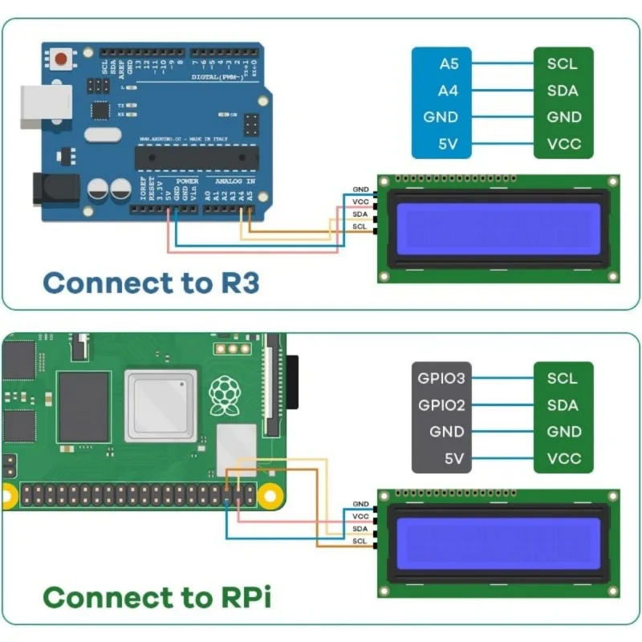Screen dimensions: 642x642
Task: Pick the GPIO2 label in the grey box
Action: click(x=441, y=404)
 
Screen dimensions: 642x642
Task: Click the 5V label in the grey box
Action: click(x=454, y=459)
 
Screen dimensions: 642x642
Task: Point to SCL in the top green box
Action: click(x=563, y=63)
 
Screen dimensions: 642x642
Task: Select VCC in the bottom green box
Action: click(x=563, y=459)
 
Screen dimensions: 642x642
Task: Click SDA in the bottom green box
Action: click(x=563, y=404)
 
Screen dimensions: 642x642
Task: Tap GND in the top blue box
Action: click(x=441, y=117)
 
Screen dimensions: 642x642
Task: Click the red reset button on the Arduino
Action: click(x=62, y=58)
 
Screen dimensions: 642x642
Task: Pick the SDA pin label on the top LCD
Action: click(x=360, y=214)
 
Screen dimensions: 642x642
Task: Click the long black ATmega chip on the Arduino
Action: click(x=197, y=157)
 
